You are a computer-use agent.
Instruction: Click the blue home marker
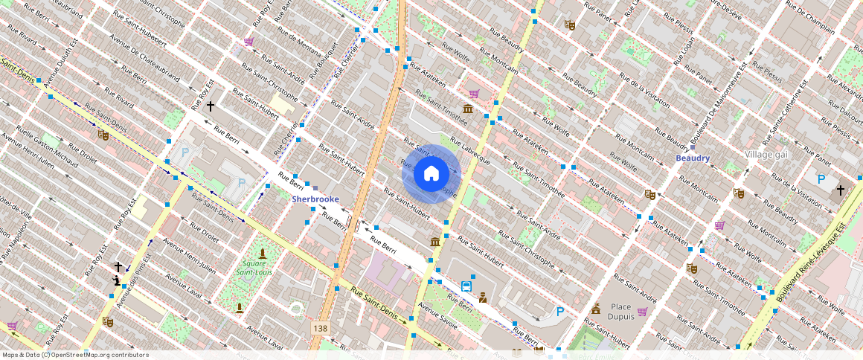pos(431,173)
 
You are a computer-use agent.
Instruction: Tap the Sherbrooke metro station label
pos(315,199)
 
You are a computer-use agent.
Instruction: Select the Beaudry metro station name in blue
pos(692,158)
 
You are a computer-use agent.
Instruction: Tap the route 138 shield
pos(320,328)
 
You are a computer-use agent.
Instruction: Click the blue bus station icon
pos(466,286)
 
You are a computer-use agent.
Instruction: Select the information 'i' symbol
pos(117,280)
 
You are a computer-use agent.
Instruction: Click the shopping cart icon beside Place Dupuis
pos(642,311)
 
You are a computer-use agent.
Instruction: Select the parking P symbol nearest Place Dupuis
pos(560,312)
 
